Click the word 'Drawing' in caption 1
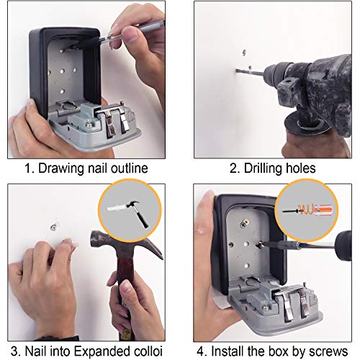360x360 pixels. click(x=61, y=168)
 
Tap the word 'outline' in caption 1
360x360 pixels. click(x=130, y=168)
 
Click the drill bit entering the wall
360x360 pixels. click(x=250, y=72)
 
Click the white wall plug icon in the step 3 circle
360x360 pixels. click(x=117, y=207)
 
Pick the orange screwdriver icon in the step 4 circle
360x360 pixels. click(x=308, y=210)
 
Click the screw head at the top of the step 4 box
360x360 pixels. click(x=245, y=224)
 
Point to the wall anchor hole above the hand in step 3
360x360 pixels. click(x=53, y=227)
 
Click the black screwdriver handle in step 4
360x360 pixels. click(x=344, y=246)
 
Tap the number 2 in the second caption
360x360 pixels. click(x=233, y=168)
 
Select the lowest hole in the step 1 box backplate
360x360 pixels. click(x=62, y=91)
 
